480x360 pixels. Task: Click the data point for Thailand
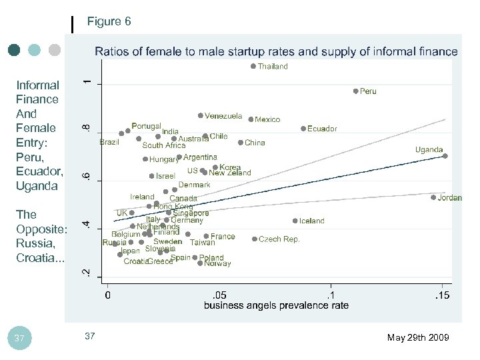(x=253, y=66)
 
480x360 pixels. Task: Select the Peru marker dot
(x=356, y=91)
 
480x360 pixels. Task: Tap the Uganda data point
(x=445, y=156)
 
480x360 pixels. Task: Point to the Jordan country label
(x=450, y=198)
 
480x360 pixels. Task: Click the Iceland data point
(x=295, y=221)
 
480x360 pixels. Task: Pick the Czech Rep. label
(x=279, y=239)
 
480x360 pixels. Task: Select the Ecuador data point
(x=303, y=129)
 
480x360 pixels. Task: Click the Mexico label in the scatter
(x=267, y=120)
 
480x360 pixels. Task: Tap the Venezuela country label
(x=223, y=116)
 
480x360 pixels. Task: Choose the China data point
(x=241, y=142)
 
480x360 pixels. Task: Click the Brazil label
(x=109, y=142)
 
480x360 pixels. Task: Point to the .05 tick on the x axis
(x=219, y=295)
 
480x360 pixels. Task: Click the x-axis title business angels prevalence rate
(x=276, y=306)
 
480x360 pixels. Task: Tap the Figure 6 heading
(x=109, y=22)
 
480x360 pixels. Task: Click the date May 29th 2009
(x=418, y=338)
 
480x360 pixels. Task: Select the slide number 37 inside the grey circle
(x=19, y=339)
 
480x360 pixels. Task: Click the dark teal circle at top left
(x=15, y=50)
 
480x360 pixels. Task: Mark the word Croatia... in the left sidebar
(x=41, y=257)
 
